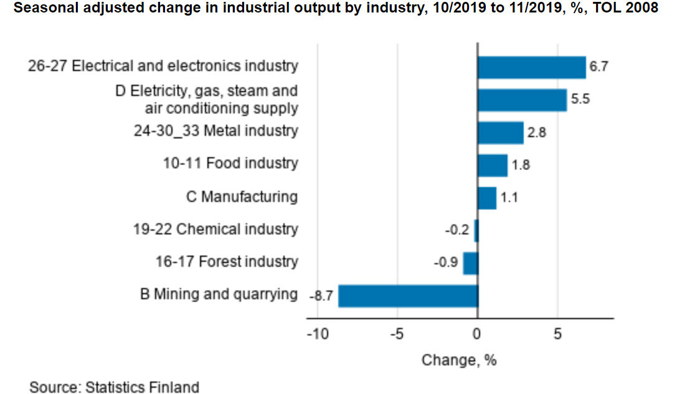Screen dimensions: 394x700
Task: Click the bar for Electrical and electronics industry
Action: (x=531, y=67)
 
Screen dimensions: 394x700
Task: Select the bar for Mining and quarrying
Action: (x=408, y=296)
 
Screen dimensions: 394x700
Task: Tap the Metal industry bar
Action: (x=500, y=133)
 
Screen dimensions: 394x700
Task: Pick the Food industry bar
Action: (x=492, y=165)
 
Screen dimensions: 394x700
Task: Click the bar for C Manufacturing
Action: (x=486, y=198)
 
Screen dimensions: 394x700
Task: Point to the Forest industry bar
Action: (x=470, y=263)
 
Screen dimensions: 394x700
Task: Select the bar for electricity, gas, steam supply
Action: (x=522, y=100)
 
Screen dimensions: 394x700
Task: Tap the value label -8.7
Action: (x=321, y=296)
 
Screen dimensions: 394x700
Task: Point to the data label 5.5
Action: (x=580, y=99)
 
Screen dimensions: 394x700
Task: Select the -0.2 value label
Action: (x=456, y=230)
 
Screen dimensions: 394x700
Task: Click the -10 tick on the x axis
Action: (x=317, y=335)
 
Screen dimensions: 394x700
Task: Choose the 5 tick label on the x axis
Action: (x=557, y=335)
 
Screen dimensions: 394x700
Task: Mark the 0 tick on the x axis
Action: (x=477, y=335)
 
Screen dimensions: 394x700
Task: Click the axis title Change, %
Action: (x=459, y=360)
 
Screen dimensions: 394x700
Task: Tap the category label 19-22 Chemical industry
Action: (x=215, y=229)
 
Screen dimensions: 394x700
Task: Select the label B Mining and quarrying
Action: (x=219, y=294)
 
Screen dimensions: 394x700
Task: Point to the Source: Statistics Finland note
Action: (x=114, y=387)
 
